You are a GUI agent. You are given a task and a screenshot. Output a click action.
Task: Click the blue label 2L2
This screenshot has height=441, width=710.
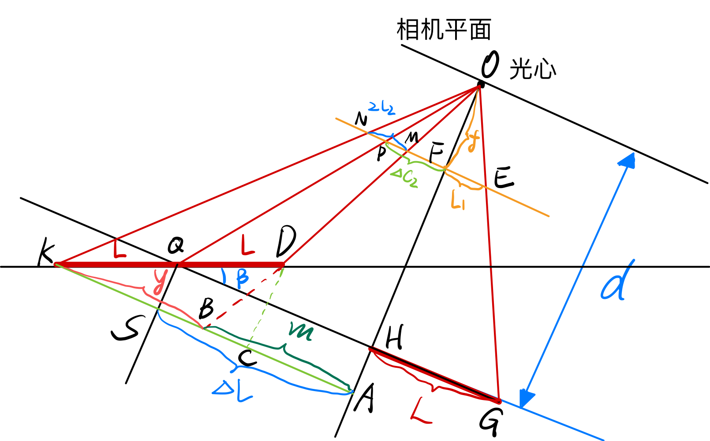coord(381,108)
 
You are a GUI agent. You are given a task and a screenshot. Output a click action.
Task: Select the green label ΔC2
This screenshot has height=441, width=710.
coord(404,178)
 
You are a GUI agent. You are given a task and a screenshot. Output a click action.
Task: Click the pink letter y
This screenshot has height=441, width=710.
coord(160,281)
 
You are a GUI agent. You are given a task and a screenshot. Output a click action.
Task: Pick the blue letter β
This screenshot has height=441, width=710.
coord(241,278)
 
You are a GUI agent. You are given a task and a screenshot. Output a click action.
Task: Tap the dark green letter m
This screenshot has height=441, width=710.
coord(301,332)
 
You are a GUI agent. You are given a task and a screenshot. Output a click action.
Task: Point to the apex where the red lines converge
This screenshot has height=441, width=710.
coord(479,87)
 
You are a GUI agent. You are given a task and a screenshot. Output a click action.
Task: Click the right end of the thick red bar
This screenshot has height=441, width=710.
coord(282,264)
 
